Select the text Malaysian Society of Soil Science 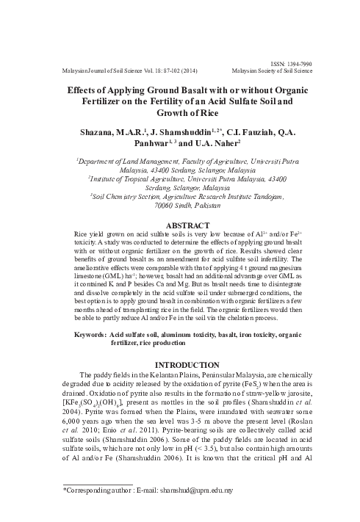pyautogui.click(x=271, y=72)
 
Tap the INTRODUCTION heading pyautogui.click(x=179, y=365)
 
